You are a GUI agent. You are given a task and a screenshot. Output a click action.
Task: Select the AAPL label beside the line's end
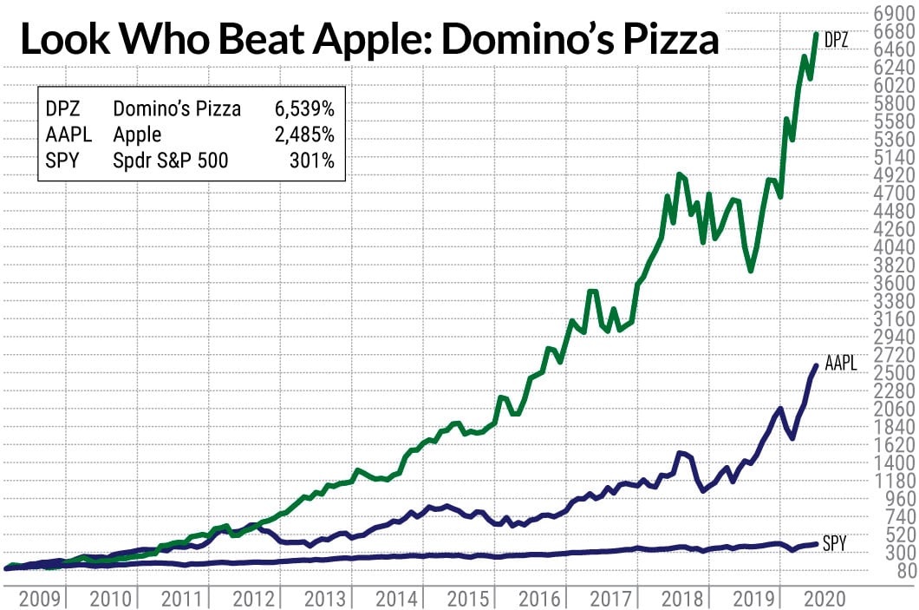pyautogui.click(x=840, y=364)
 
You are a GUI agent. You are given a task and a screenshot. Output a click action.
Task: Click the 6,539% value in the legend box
pyautogui.click(x=304, y=108)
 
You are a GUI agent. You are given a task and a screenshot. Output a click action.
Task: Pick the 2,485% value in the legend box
pyautogui.click(x=304, y=134)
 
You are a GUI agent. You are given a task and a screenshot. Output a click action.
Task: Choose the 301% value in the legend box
pyautogui.click(x=315, y=161)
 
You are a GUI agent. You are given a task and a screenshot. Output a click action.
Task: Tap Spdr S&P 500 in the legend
pyautogui.click(x=171, y=161)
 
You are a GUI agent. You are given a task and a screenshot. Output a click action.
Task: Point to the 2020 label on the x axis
pyautogui.click(x=819, y=597)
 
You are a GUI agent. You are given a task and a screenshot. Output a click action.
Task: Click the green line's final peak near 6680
pyautogui.click(x=816, y=34)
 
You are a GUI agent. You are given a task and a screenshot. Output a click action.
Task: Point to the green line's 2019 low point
pyautogui.click(x=750, y=271)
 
